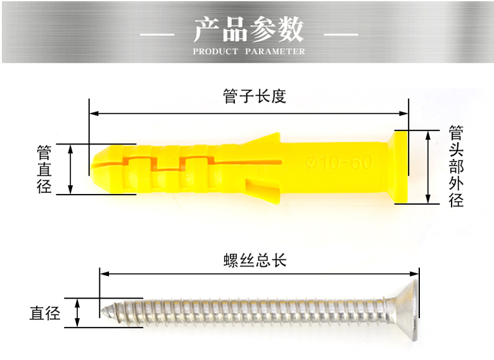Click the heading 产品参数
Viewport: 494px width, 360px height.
248,29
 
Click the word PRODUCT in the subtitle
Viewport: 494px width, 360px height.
215,51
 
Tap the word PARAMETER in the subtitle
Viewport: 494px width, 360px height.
275,51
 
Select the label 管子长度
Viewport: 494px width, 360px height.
255,96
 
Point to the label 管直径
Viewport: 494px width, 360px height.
44,169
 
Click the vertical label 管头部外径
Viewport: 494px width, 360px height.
456,166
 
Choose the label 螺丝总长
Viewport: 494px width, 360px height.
255,260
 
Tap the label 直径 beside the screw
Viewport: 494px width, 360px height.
44,312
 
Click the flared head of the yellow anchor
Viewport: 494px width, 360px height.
400,167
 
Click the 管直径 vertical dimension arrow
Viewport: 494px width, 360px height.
70,169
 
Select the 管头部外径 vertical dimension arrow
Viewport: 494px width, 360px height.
429,167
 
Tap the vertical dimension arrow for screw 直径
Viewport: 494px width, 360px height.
77,312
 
